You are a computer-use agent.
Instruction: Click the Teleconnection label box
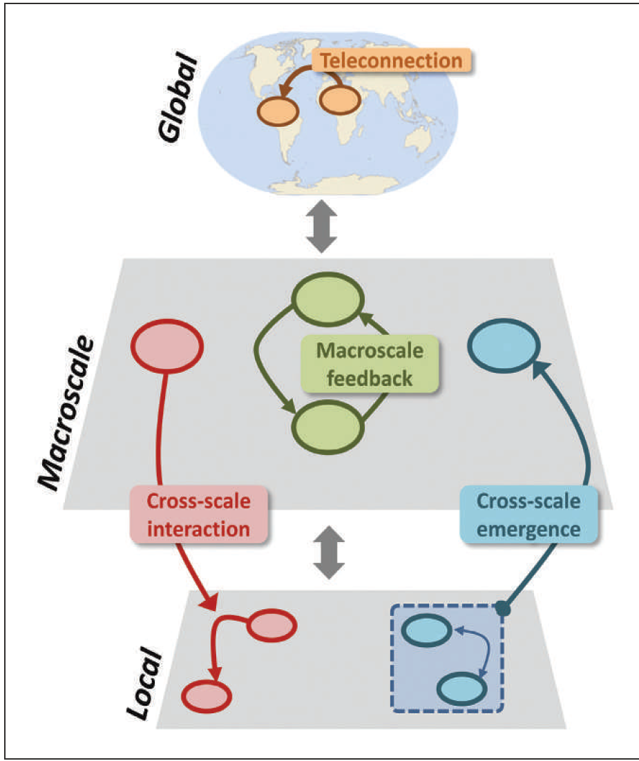[392, 61]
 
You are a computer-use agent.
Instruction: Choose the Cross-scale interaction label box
[200, 515]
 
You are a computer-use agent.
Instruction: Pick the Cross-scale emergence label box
[529, 515]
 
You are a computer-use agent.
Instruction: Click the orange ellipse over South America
[278, 111]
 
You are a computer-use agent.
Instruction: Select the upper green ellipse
[327, 299]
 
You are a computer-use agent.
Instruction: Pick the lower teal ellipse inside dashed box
[462, 688]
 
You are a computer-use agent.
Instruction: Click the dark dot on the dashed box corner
[504, 609]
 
